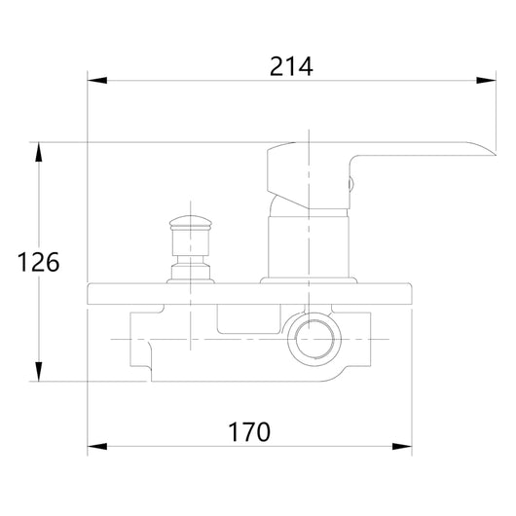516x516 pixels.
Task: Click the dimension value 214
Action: pyautogui.click(x=291, y=67)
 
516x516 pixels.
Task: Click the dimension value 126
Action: pyautogui.click(x=39, y=262)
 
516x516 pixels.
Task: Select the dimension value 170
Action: pyautogui.click(x=249, y=431)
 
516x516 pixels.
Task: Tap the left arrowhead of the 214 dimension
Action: pyautogui.click(x=97, y=80)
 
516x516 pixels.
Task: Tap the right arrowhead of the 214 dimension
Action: pyautogui.click(x=486, y=80)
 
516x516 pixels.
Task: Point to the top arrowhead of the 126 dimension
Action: pyautogui.click(x=39, y=152)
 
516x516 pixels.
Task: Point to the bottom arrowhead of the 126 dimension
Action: pyautogui.click(x=39, y=372)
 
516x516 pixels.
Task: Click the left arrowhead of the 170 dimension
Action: pyautogui.click(x=97, y=447)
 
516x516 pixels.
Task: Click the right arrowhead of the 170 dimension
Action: pyautogui.click(x=402, y=447)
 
